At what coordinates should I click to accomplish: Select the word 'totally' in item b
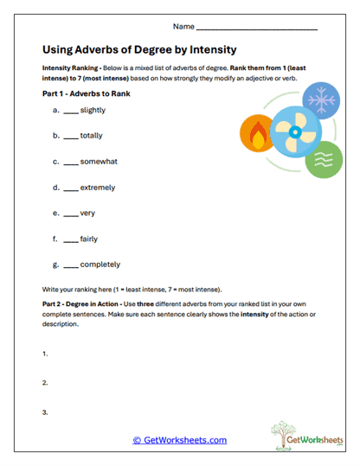[x=91, y=136]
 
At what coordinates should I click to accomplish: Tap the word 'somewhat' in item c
[x=98, y=162]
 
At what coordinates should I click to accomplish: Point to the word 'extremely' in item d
[x=97, y=187]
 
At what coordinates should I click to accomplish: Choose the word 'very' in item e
[x=87, y=213]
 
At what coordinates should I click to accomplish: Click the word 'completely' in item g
[x=100, y=265]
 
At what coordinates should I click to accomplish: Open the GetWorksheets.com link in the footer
[x=179, y=440]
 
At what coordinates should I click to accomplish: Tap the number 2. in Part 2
[x=44, y=383]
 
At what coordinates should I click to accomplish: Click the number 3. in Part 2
[x=44, y=412]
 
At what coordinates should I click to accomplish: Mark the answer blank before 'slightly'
[x=69, y=112]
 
